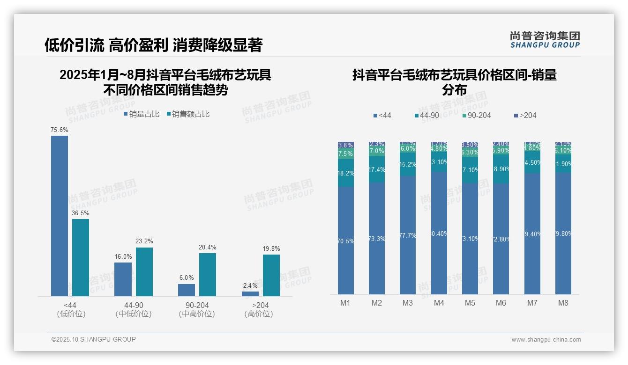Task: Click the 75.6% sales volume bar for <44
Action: point(60,216)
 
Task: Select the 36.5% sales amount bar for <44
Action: point(81,257)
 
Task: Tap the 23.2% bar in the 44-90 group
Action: point(144,271)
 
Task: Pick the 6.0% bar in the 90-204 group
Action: point(187,290)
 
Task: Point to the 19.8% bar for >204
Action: point(271,275)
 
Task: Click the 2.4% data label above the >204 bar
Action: point(250,285)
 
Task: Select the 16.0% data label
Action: point(123,256)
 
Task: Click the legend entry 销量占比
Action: point(141,114)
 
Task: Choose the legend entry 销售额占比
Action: point(187,114)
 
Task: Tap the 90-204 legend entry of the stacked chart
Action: point(476,115)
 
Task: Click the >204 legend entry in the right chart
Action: point(525,115)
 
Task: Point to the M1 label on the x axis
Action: point(345,303)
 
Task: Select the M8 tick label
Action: point(563,303)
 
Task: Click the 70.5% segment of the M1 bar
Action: point(346,241)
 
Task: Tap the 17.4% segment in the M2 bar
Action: point(377,169)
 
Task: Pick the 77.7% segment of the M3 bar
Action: point(408,235)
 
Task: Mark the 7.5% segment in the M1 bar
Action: point(346,154)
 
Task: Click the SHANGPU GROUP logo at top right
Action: point(545,39)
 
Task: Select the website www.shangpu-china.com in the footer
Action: point(546,340)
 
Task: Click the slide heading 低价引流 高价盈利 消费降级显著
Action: point(153,45)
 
